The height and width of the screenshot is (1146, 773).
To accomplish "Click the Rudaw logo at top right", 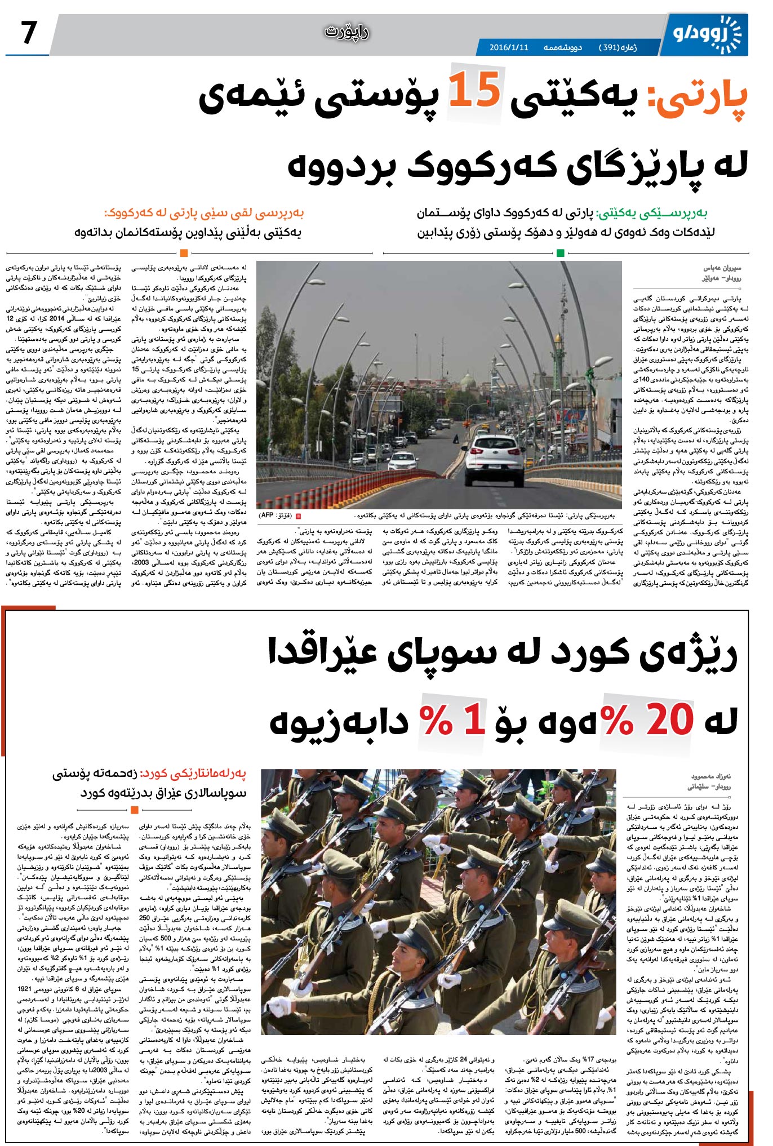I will point(708,33).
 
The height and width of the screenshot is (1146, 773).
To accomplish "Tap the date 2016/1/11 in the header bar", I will point(509,47).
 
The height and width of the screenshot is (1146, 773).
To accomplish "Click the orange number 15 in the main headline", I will point(474,92).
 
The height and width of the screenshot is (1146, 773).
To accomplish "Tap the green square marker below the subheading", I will point(560,253).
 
